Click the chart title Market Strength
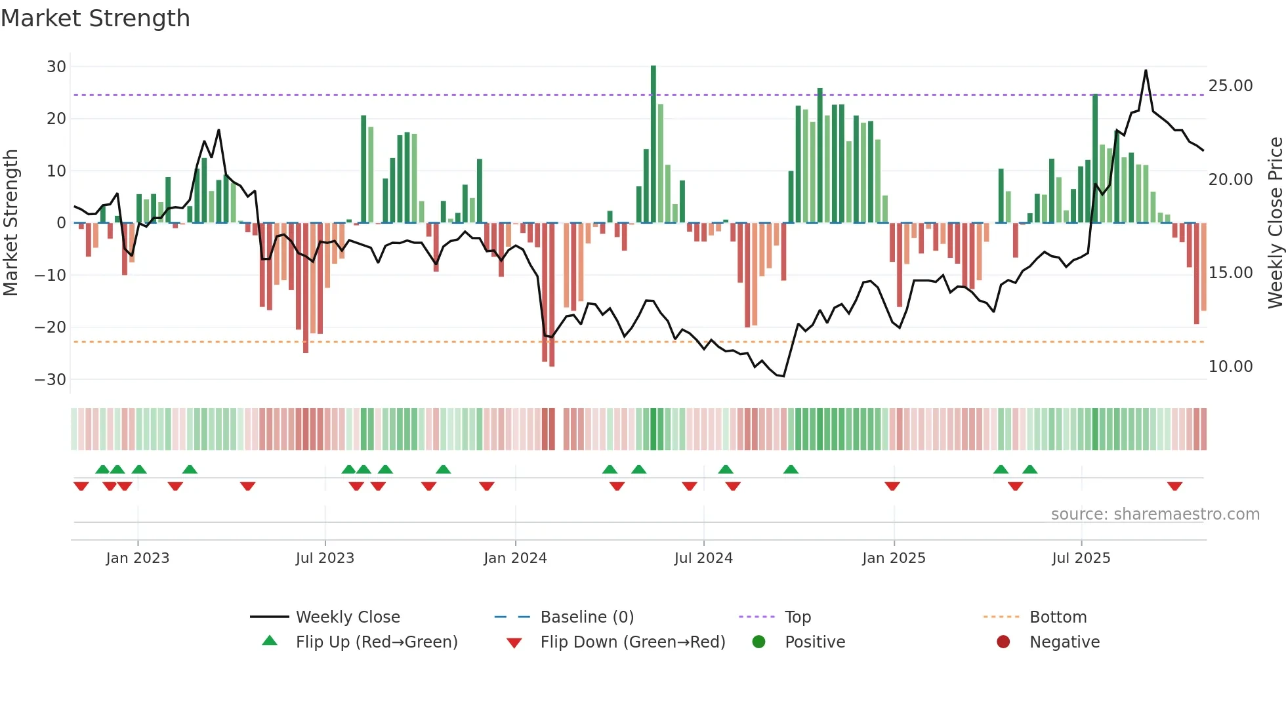click(95, 18)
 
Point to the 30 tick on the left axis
click(56, 66)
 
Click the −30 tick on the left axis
click(51, 379)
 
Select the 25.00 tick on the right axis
click(1230, 86)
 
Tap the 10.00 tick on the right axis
click(1230, 367)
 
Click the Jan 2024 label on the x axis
click(515, 558)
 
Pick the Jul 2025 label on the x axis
click(1081, 558)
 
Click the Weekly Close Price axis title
click(1275, 223)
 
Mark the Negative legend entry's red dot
click(1003, 642)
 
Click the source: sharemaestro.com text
click(1155, 514)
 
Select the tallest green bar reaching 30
click(653, 144)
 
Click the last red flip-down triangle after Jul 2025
click(1174, 486)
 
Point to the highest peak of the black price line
click(1146, 71)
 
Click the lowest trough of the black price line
click(783, 376)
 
